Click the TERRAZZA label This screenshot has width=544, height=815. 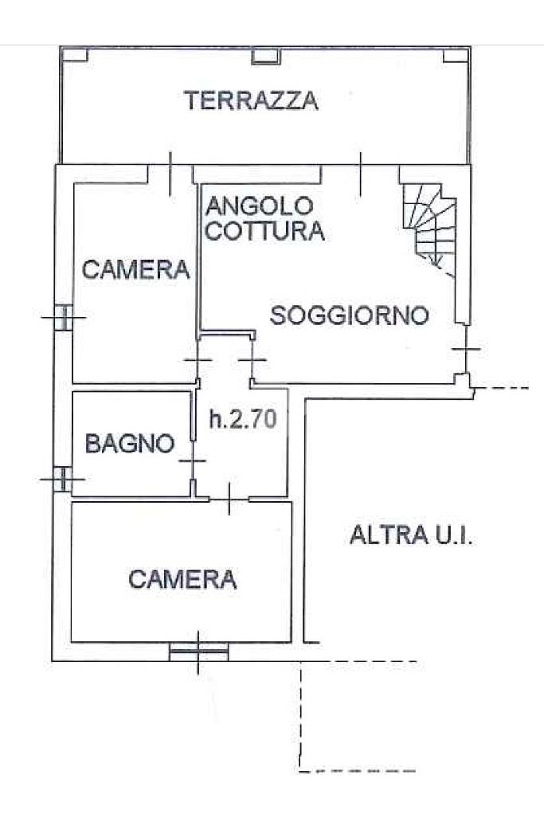coord(251,101)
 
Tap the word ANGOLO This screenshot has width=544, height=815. coord(259,206)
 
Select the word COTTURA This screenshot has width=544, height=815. coord(265,231)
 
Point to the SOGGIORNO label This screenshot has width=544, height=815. coord(350,315)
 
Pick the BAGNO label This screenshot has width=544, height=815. coord(129,444)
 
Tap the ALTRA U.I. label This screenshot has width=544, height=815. coord(411,535)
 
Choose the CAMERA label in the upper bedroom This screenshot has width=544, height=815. coord(136,270)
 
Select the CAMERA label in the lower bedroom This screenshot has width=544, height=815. coord(183,579)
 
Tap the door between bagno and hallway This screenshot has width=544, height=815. coord(193,460)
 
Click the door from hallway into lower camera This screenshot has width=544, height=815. coord(229,499)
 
